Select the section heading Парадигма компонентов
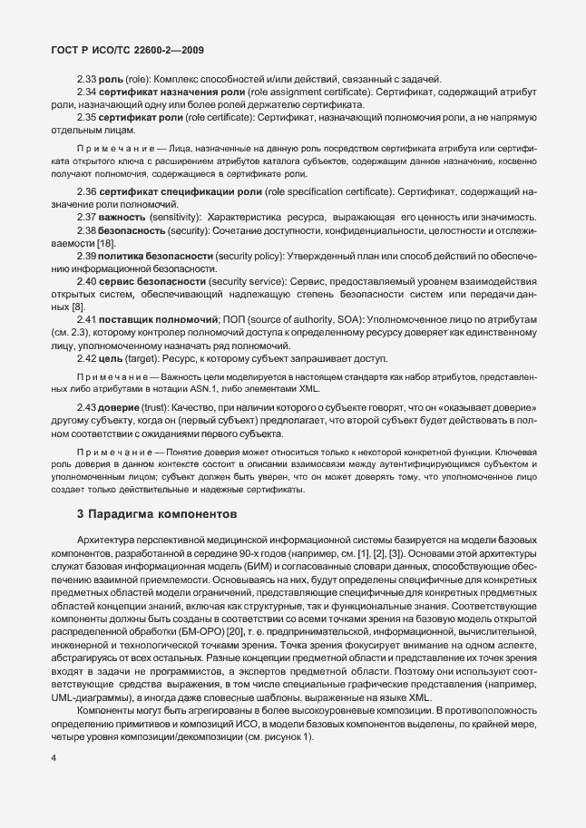pyautogui.click(x=166, y=513)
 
